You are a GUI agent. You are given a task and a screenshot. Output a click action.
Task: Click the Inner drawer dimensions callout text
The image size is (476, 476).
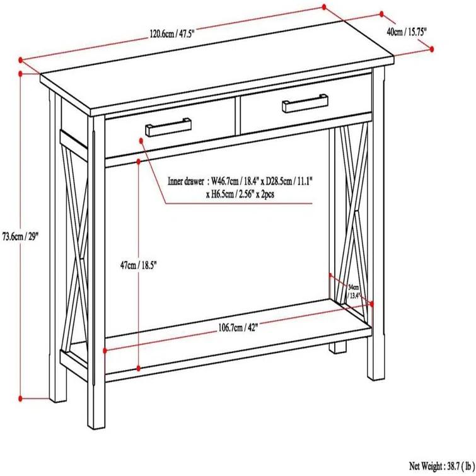(x=241, y=188)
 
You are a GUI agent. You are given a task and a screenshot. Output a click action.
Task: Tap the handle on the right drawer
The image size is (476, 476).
(x=305, y=104)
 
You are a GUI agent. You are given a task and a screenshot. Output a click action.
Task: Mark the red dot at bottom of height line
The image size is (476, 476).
(x=21, y=398)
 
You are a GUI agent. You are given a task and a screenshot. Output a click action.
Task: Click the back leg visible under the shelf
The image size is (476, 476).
(x=340, y=345)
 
